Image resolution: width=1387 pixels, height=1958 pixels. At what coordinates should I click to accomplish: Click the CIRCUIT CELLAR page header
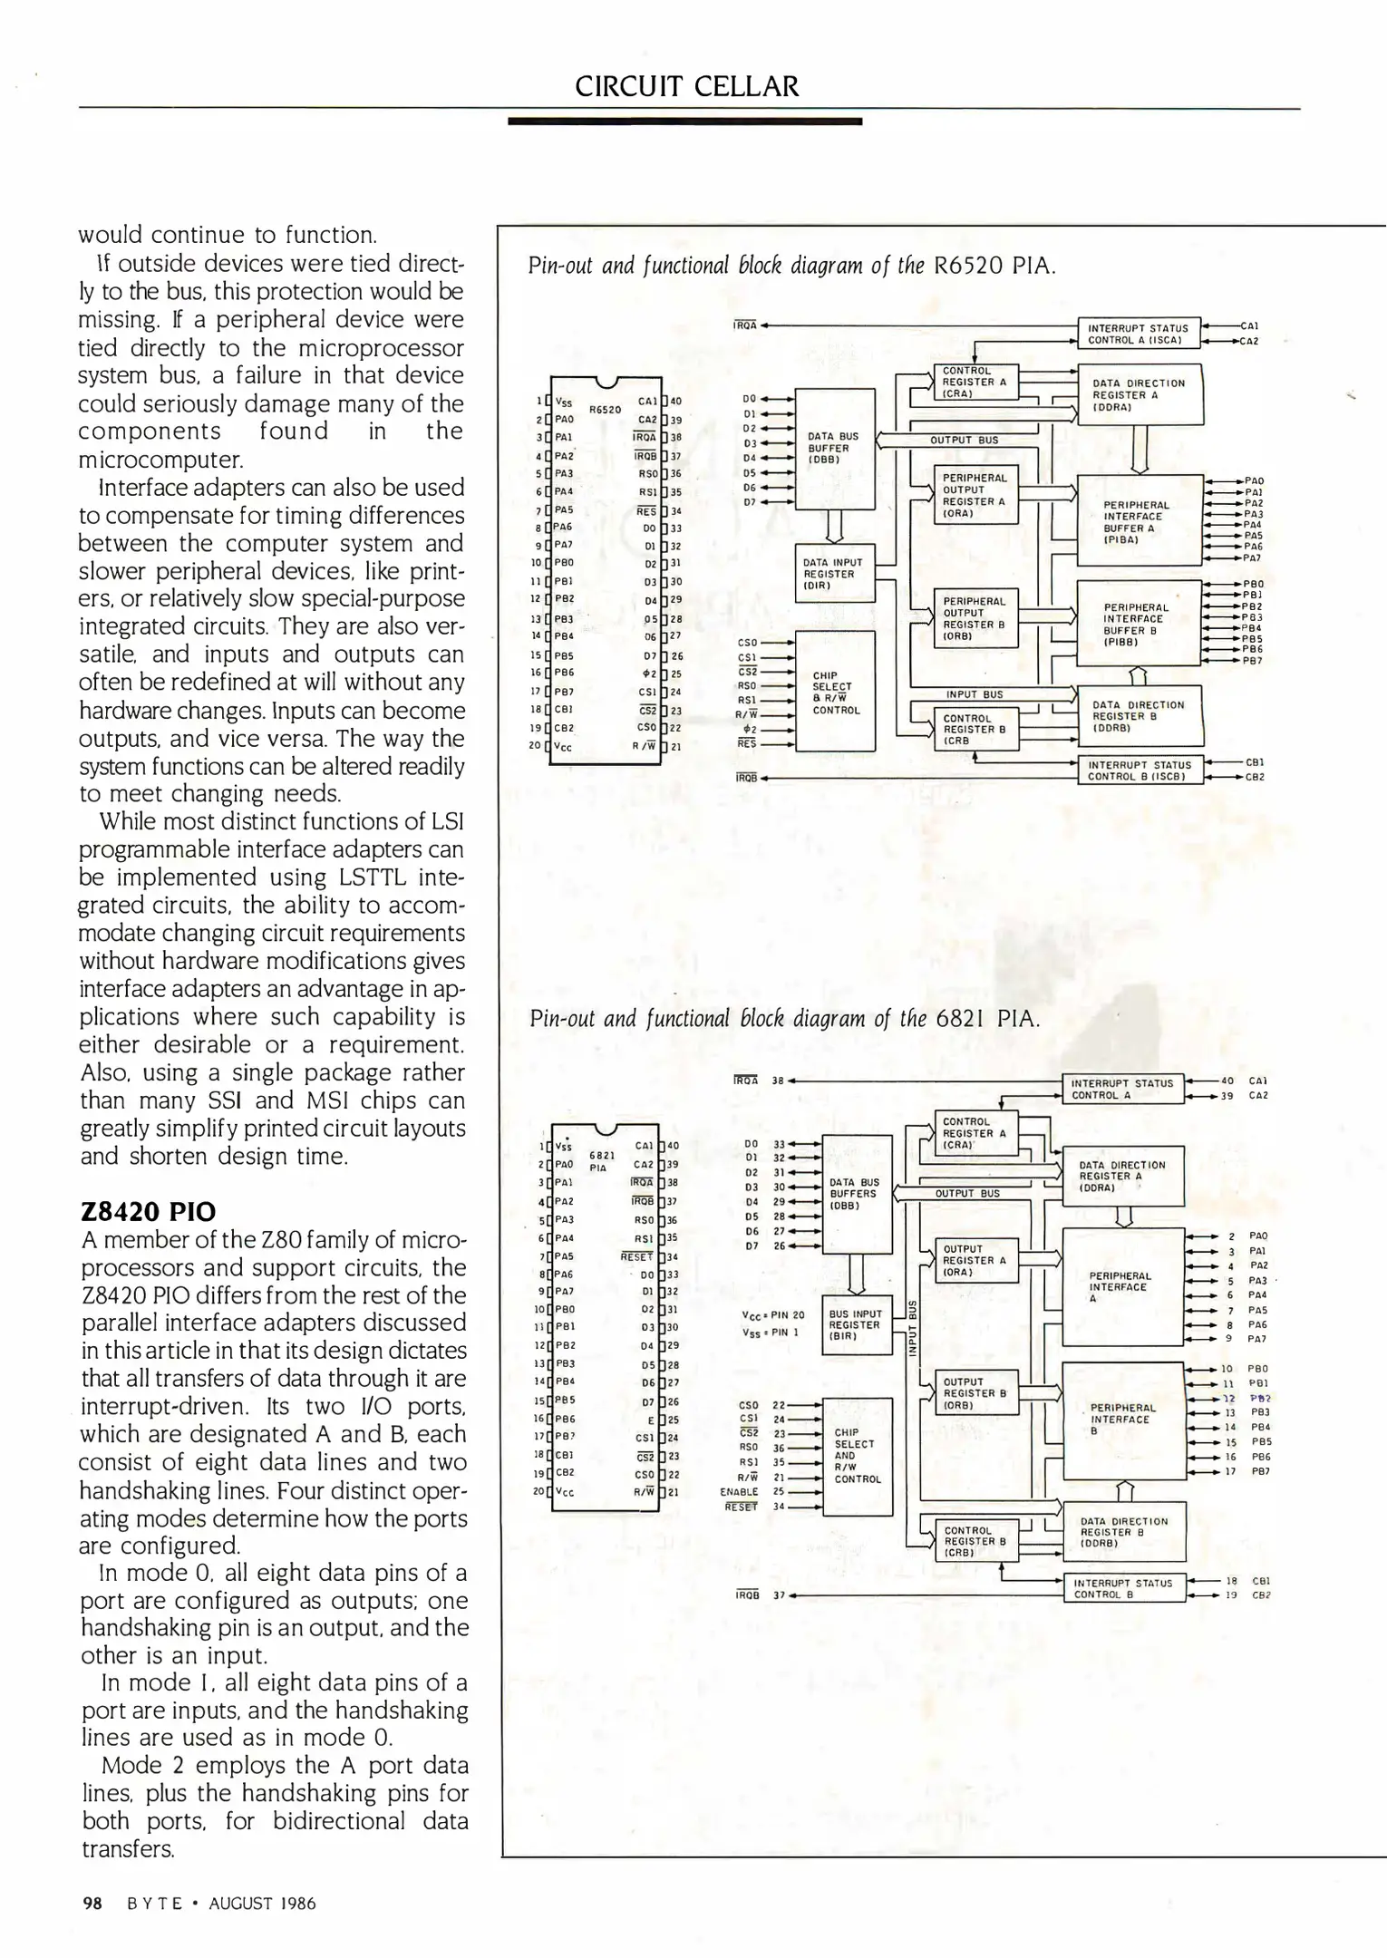686,86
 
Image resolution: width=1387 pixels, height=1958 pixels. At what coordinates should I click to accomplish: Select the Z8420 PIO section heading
149,1212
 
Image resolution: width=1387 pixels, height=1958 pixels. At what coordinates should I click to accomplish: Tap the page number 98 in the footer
92,1904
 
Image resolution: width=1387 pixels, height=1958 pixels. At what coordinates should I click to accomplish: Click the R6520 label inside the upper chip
605,410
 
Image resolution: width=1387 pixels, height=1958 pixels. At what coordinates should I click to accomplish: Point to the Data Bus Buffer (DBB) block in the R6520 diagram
834,448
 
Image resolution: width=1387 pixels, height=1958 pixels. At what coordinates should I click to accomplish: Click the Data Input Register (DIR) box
834,574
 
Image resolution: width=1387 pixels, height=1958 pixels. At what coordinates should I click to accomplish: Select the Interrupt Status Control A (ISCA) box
1138,334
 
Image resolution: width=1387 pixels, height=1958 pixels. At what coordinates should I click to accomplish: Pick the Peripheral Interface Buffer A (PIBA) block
1138,521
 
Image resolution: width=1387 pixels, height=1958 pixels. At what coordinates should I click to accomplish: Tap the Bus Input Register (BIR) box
856,1324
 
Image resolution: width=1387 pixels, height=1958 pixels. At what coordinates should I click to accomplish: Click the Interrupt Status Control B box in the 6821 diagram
1123,1588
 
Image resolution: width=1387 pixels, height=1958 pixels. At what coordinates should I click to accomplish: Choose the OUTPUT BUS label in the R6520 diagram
964,441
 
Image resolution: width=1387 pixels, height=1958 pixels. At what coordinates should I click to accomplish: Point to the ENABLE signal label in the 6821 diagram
739,1491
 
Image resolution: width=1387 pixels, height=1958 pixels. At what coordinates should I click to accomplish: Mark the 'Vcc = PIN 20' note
772,1315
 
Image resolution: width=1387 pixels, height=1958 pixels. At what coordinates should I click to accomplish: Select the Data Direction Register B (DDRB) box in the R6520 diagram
1139,716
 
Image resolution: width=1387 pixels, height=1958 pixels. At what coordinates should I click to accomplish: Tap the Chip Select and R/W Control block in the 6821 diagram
856,1456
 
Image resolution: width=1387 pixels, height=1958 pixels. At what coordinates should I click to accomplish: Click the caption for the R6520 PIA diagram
791,266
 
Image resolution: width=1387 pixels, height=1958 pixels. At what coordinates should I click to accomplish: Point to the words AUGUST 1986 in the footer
262,1904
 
